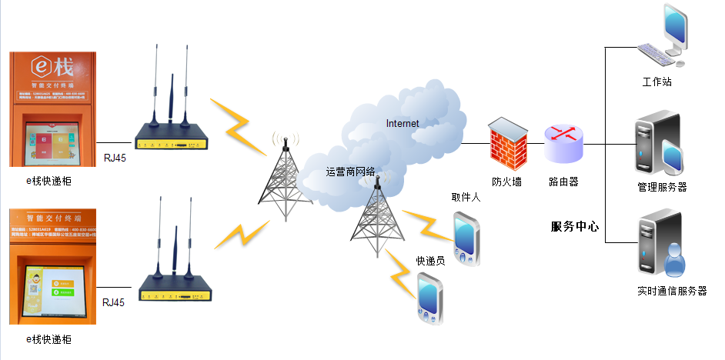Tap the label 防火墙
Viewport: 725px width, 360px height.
507,182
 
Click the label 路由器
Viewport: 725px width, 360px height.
563,182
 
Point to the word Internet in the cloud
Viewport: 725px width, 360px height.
403,123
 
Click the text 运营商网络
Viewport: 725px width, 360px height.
351,172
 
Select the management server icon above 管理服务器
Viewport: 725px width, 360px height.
658,144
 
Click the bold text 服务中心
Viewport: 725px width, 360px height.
575,227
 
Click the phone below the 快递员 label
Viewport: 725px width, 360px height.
429,298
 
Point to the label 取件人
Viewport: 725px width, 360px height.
466,198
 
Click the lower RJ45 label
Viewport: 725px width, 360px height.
113,302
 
